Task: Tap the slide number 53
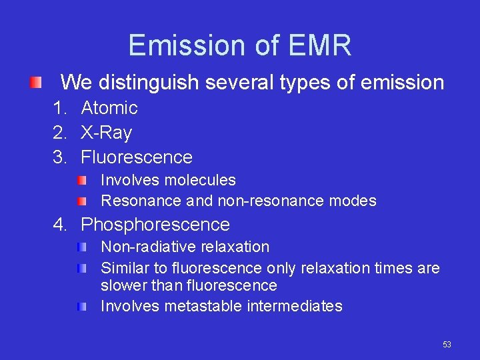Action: (447, 345)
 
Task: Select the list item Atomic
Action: (109, 108)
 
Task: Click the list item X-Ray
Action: (107, 133)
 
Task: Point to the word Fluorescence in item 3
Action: (137, 157)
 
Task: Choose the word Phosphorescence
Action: (155, 225)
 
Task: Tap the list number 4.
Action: (60, 225)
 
